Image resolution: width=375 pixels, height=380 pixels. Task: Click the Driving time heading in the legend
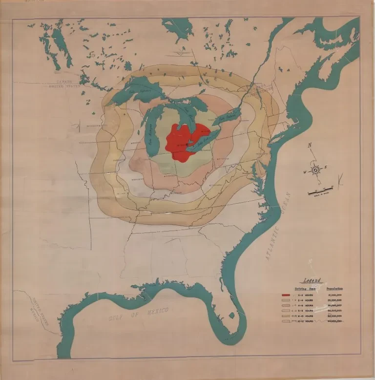click(305, 288)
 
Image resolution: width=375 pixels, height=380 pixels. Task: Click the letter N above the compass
click(310, 145)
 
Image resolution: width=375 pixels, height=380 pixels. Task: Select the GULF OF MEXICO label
click(139, 315)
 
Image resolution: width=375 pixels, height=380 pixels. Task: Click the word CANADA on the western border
click(63, 82)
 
